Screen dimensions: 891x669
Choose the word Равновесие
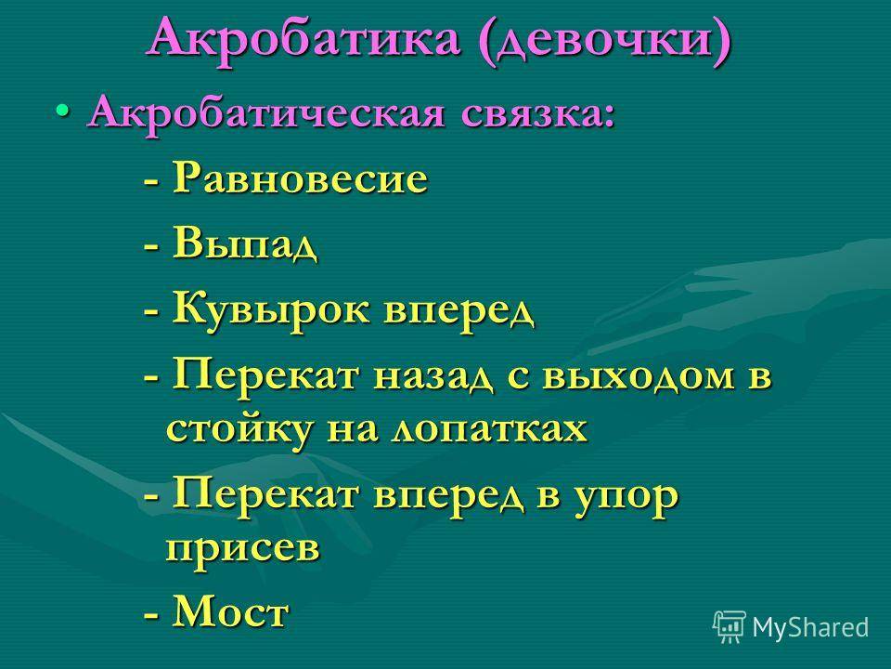[x=300, y=178]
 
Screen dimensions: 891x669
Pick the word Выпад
[x=245, y=244]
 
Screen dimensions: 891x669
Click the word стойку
[x=239, y=429]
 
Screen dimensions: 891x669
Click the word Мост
[x=231, y=611]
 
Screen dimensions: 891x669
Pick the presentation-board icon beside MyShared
[x=730, y=626]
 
